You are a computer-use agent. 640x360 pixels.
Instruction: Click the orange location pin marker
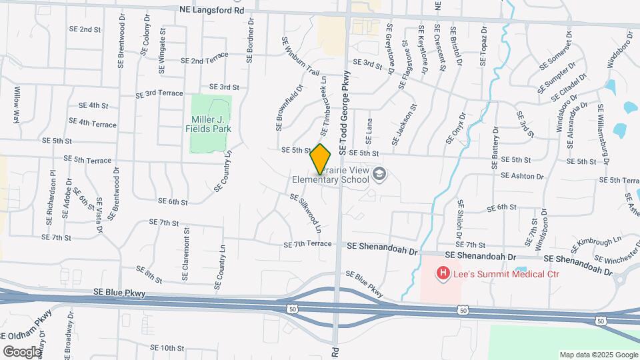321,159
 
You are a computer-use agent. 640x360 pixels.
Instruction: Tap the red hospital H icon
441,273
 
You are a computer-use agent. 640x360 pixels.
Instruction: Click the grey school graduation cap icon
379,173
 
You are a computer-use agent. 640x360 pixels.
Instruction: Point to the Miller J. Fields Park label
211,124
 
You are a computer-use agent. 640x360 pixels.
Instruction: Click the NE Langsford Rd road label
213,10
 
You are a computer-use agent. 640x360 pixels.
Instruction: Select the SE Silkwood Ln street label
306,213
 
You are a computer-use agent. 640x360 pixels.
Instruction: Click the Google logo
22,351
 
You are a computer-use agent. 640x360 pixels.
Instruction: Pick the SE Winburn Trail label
301,56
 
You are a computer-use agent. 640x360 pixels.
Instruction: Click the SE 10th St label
167,348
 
